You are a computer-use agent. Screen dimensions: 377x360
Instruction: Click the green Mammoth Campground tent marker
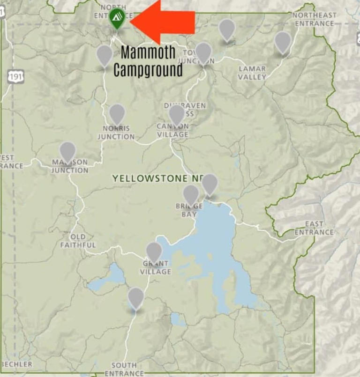(x=117, y=19)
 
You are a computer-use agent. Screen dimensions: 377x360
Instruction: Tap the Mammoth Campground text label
(x=148, y=61)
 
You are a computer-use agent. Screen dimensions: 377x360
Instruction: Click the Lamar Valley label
(x=252, y=73)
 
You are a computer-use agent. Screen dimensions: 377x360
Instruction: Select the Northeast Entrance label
(x=314, y=19)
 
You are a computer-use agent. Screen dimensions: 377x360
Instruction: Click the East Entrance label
(x=314, y=228)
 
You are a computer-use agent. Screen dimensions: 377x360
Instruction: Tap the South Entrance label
(x=124, y=369)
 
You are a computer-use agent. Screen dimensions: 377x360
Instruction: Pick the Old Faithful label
(x=78, y=241)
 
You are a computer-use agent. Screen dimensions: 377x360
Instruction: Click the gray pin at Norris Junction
(x=117, y=114)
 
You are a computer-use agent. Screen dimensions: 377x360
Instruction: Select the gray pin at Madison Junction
(x=68, y=151)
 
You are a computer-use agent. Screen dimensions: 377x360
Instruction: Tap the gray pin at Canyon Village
(x=176, y=114)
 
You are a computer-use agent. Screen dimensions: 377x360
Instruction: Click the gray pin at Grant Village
(x=154, y=251)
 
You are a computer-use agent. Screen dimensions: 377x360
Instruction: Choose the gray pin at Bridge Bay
(x=191, y=194)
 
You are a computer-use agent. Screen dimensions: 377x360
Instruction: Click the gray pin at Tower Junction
(x=203, y=52)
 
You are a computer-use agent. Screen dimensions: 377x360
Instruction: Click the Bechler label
(x=16, y=364)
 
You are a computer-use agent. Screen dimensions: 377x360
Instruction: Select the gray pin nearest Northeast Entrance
(x=283, y=42)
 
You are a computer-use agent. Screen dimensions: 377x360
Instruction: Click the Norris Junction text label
(x=116, y=133)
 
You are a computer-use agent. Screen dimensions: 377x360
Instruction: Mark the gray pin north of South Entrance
(x=136, y=297)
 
